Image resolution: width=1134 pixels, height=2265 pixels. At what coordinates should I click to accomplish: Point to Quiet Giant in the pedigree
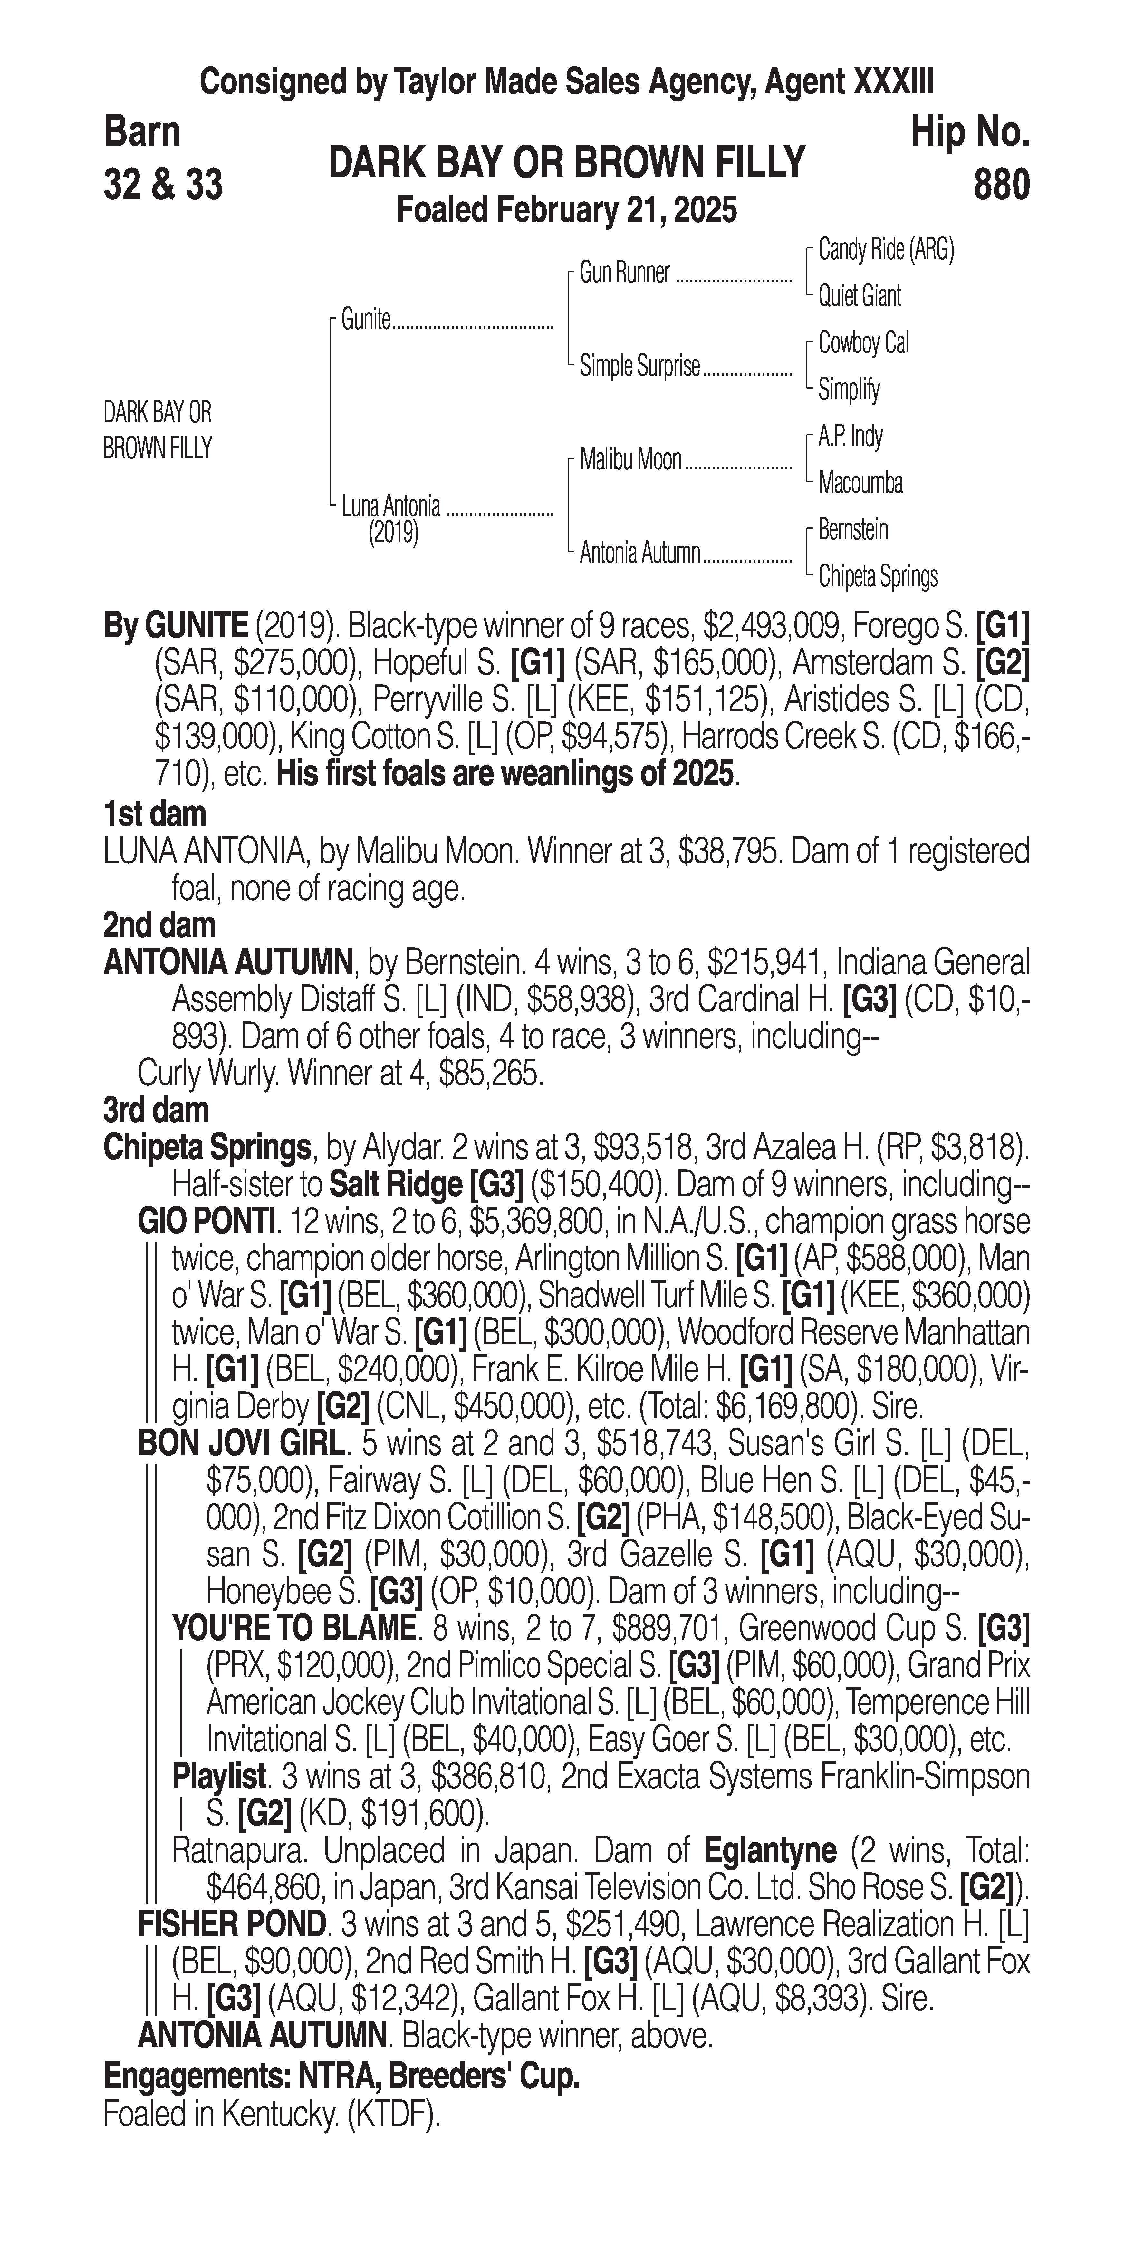pyautogui.click(x=859, y=296)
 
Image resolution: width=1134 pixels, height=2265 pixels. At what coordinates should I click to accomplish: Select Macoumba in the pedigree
pyautogui.click(x=860, y=483)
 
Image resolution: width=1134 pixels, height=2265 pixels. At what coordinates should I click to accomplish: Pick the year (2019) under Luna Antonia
pyautogui.click(x=393, y=533)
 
